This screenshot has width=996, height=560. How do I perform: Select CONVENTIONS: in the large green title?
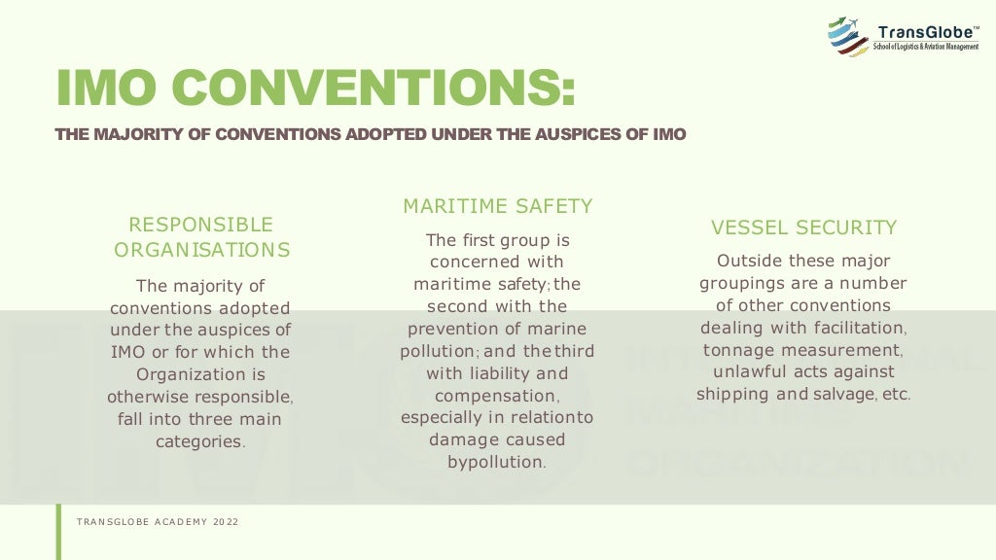coord(379,87)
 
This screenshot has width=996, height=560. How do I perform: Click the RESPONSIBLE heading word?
coord(201,225)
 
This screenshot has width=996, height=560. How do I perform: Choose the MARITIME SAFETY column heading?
coord(498,206)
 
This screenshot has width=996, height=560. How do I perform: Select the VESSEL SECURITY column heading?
coord(803,227)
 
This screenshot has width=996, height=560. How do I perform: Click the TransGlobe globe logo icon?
coord(847,37)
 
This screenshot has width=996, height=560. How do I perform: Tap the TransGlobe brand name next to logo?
coord(928,32)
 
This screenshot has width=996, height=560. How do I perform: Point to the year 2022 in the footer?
coord(227,522)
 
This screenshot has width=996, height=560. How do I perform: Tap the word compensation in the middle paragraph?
coord(496,396)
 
